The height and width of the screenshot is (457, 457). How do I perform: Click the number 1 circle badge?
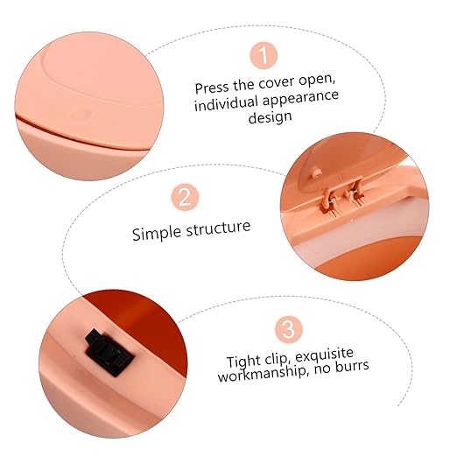point(264,55)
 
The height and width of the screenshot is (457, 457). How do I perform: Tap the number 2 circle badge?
point(185,197)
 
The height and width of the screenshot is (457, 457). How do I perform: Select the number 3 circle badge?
point(289,330)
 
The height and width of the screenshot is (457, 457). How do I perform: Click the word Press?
point(212,88)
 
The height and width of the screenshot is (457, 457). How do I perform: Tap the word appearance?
point(300,98)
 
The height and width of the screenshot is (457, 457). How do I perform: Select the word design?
point(270,117)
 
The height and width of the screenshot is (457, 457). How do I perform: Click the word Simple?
point(156,234)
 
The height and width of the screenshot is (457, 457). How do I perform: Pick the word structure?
point(218,228)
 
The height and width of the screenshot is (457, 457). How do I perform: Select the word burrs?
point(352,366)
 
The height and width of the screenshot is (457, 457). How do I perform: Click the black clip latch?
point(109,353)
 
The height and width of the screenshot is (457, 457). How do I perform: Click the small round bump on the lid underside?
point(315,172)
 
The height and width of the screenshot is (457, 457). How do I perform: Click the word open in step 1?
point(317,81)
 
